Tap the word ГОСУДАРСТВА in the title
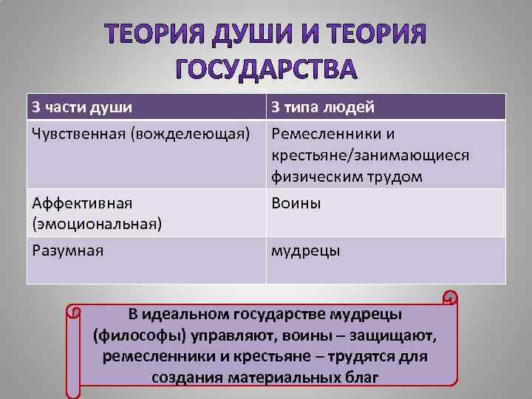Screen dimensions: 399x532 click(266, 69)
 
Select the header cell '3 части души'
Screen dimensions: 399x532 click(82, 107)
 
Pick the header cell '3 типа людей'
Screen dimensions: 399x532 click(323, 107)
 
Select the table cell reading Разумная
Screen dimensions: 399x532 click(68, 250)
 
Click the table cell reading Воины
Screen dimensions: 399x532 click(296, 202)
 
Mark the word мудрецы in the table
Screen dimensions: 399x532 click(306, 250)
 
